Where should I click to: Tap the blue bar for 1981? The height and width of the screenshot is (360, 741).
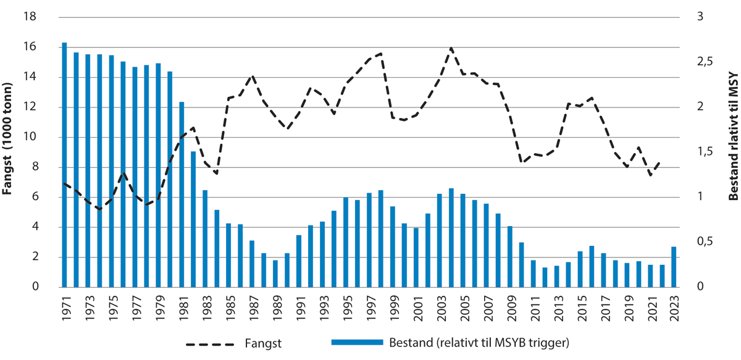tap(182, 195)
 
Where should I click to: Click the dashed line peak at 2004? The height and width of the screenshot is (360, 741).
tap(451, 48)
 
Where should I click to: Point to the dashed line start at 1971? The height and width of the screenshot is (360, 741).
tap(64, 183)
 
